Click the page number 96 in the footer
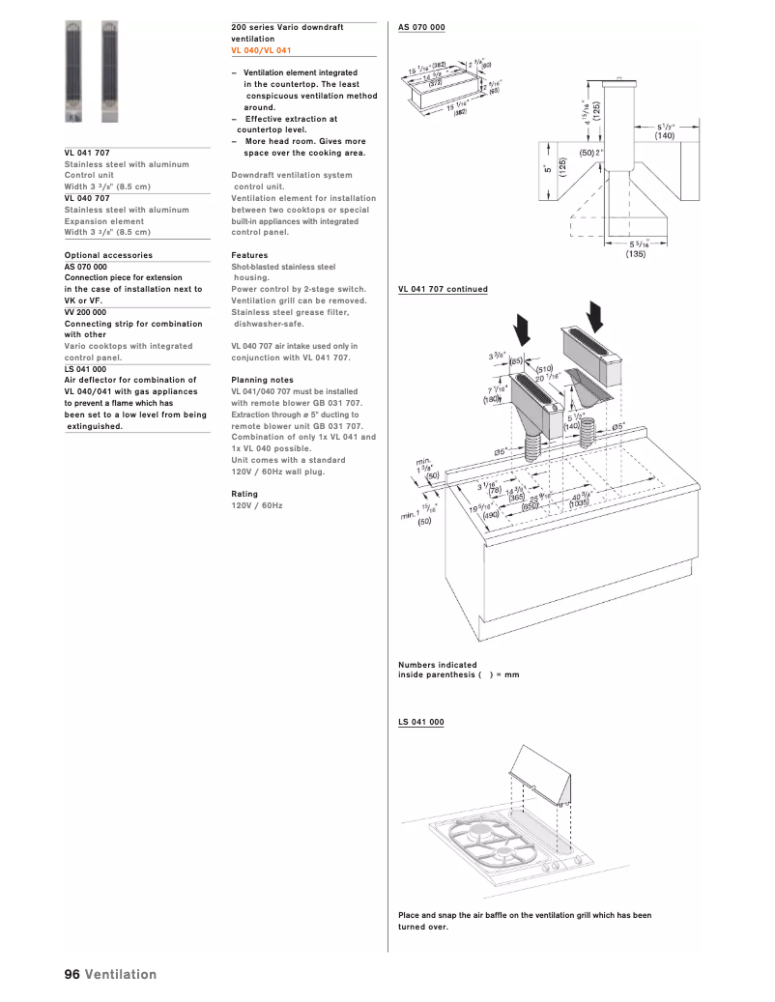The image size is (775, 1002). pyautogui.click(x=72, y=974)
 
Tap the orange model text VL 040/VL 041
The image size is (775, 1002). pyautogui.click(x=261, y=50)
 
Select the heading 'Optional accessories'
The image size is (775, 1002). pyautogui.click(x=108, y=255)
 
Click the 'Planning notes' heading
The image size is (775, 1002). pyautogui.click(x=262, y=381)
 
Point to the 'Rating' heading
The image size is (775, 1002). pyautogui.click(x=244, y=494)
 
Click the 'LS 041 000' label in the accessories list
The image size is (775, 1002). pyautogui.click(x=85, y=369)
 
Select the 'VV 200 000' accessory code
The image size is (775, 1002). pyautogui.click(x=85, y=312)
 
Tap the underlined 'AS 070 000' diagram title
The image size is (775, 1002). pyautogui.click(x=421, y=27)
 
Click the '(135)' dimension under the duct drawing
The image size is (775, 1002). pyautogui.click(x=635, y=254)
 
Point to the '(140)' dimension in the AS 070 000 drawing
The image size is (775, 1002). pyautogui.click(x=664, y=136)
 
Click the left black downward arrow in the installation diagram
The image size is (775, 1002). pyautogui.click(x=523, y=329)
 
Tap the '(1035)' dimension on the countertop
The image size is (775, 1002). pyautogui.click(x=579, y=503)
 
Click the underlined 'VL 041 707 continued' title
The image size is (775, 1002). pyautogui.click(x=443, y=289)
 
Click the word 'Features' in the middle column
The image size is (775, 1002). pyautogui.click(x=249, y=255)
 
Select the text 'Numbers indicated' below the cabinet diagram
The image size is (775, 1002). pyautogui.click(x=437, y=665)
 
